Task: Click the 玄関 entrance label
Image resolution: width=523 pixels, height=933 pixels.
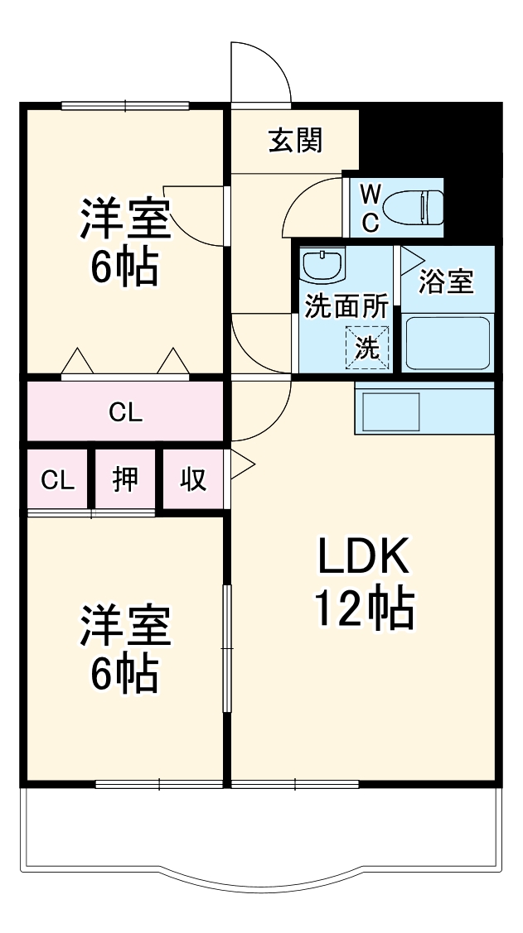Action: tap(295, 142)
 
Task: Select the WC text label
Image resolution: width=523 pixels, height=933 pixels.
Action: tap(370, 207)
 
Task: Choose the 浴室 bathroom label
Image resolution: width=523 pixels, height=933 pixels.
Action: tap(446, 281)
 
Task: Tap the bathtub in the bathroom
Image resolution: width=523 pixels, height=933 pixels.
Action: tap(446, 341)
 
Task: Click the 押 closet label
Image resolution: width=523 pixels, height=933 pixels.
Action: tap(125, 479)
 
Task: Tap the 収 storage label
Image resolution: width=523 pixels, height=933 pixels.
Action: tap(193, 479)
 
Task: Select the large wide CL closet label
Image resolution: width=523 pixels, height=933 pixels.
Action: tap(125, 411)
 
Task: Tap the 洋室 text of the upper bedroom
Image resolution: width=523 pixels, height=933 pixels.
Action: tap(125, 218)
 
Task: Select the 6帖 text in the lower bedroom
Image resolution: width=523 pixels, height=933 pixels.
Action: tap(125, 675)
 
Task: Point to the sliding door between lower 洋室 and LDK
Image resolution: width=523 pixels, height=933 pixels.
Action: tap(226, 648)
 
